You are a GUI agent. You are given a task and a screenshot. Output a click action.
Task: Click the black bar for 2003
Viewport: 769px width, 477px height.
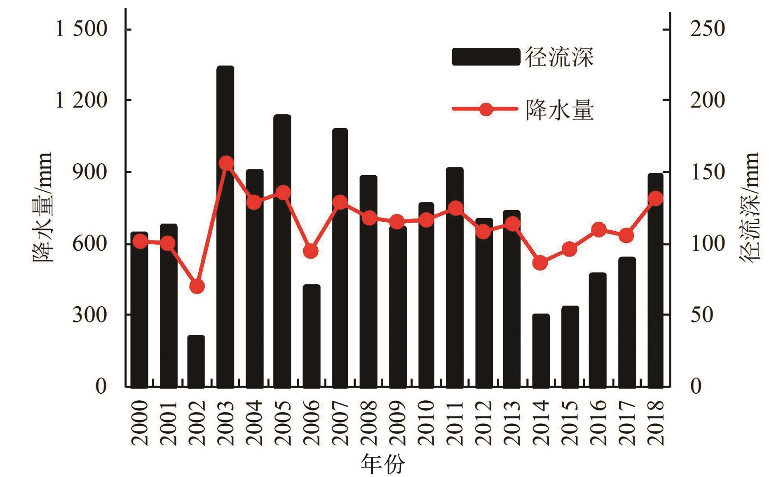(225, 227)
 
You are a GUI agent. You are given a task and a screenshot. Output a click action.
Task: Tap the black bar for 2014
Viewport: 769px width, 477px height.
(541, 350)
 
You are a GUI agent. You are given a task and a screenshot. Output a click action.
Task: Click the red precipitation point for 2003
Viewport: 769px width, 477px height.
(226, 163)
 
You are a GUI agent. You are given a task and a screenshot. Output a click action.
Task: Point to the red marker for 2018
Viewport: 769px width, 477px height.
(655, 199)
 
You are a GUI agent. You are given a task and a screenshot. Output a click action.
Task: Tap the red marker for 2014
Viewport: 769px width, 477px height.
(540, 263)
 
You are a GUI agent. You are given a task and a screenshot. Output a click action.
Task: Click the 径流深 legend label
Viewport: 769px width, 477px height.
(559, 57)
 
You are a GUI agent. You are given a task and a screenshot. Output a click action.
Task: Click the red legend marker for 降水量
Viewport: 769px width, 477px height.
(486, 110)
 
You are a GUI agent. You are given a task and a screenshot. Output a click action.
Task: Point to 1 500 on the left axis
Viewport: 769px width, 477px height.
(81, 30)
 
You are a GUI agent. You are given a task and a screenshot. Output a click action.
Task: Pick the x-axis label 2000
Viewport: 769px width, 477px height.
(139, 423)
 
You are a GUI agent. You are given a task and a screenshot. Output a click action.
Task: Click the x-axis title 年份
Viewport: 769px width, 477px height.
(383, 464)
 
